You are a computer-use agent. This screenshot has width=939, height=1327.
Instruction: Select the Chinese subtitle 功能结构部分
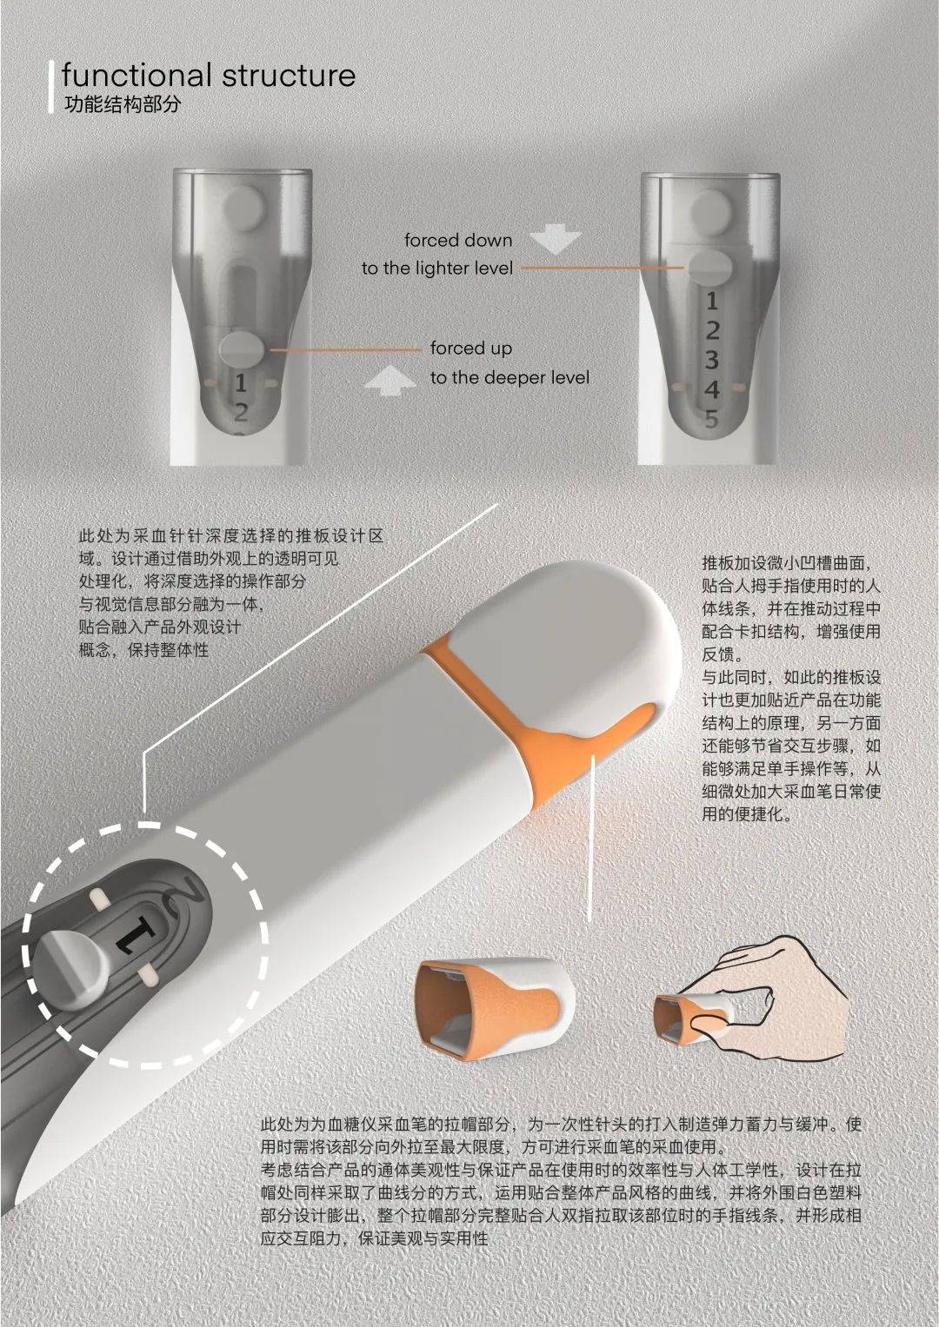tap(122, 104)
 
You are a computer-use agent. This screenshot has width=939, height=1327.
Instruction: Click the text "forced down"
tap(457, 240)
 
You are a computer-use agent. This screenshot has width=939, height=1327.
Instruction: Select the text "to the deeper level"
tap(509, 377)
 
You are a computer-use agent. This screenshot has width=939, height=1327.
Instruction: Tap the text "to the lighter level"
tap(436, 269)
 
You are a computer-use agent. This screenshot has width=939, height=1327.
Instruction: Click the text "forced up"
tap(470, 348)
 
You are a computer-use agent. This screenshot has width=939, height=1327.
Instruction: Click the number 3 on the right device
tap(712, 360)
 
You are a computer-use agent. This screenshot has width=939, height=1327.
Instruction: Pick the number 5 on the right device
tap(712, 419)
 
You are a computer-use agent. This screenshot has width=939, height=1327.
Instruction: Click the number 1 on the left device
tap(240, 383)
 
